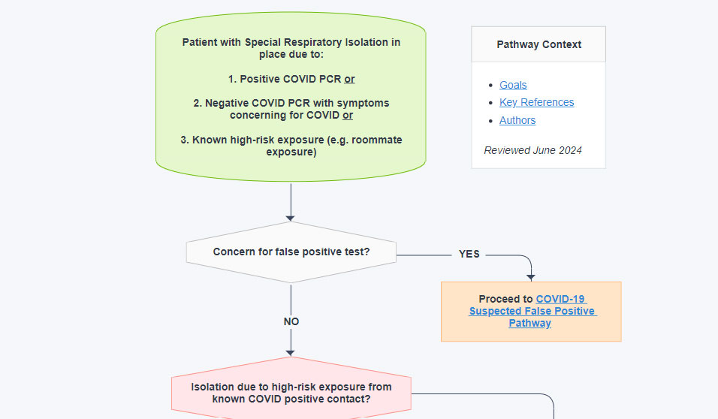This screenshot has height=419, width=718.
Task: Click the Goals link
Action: [x=513, y=85]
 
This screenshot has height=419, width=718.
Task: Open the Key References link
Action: [x=536, y=102]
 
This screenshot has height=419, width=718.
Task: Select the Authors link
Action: [x=517, y=120]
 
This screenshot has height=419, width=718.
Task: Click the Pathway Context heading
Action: [x=538, y=44]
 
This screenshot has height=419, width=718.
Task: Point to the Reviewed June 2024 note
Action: [x=532, y=150]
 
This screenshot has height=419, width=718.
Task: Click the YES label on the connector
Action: [x=469, y=254]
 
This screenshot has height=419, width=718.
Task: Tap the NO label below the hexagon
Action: [x=291, y=321]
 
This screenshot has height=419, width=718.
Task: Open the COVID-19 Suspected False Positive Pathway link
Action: [x=532, y=311]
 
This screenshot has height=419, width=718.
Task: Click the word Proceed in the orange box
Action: [x=505, y=299]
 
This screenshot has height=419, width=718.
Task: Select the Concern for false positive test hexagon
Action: [x=291, y=252]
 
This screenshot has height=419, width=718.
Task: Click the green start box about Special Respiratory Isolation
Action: [x=291, y=96]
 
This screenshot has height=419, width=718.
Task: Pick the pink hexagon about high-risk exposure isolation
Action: [x=291, y=393]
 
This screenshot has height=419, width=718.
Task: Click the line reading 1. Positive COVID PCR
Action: [x=291, y=79]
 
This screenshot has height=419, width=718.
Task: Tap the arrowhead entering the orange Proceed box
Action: [x=532, y=277]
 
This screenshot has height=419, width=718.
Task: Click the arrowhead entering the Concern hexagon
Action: [x=291, y=217]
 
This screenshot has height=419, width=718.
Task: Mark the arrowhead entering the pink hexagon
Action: [x=291, y=352]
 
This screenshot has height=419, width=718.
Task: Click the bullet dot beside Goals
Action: [x=490, y=86]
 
